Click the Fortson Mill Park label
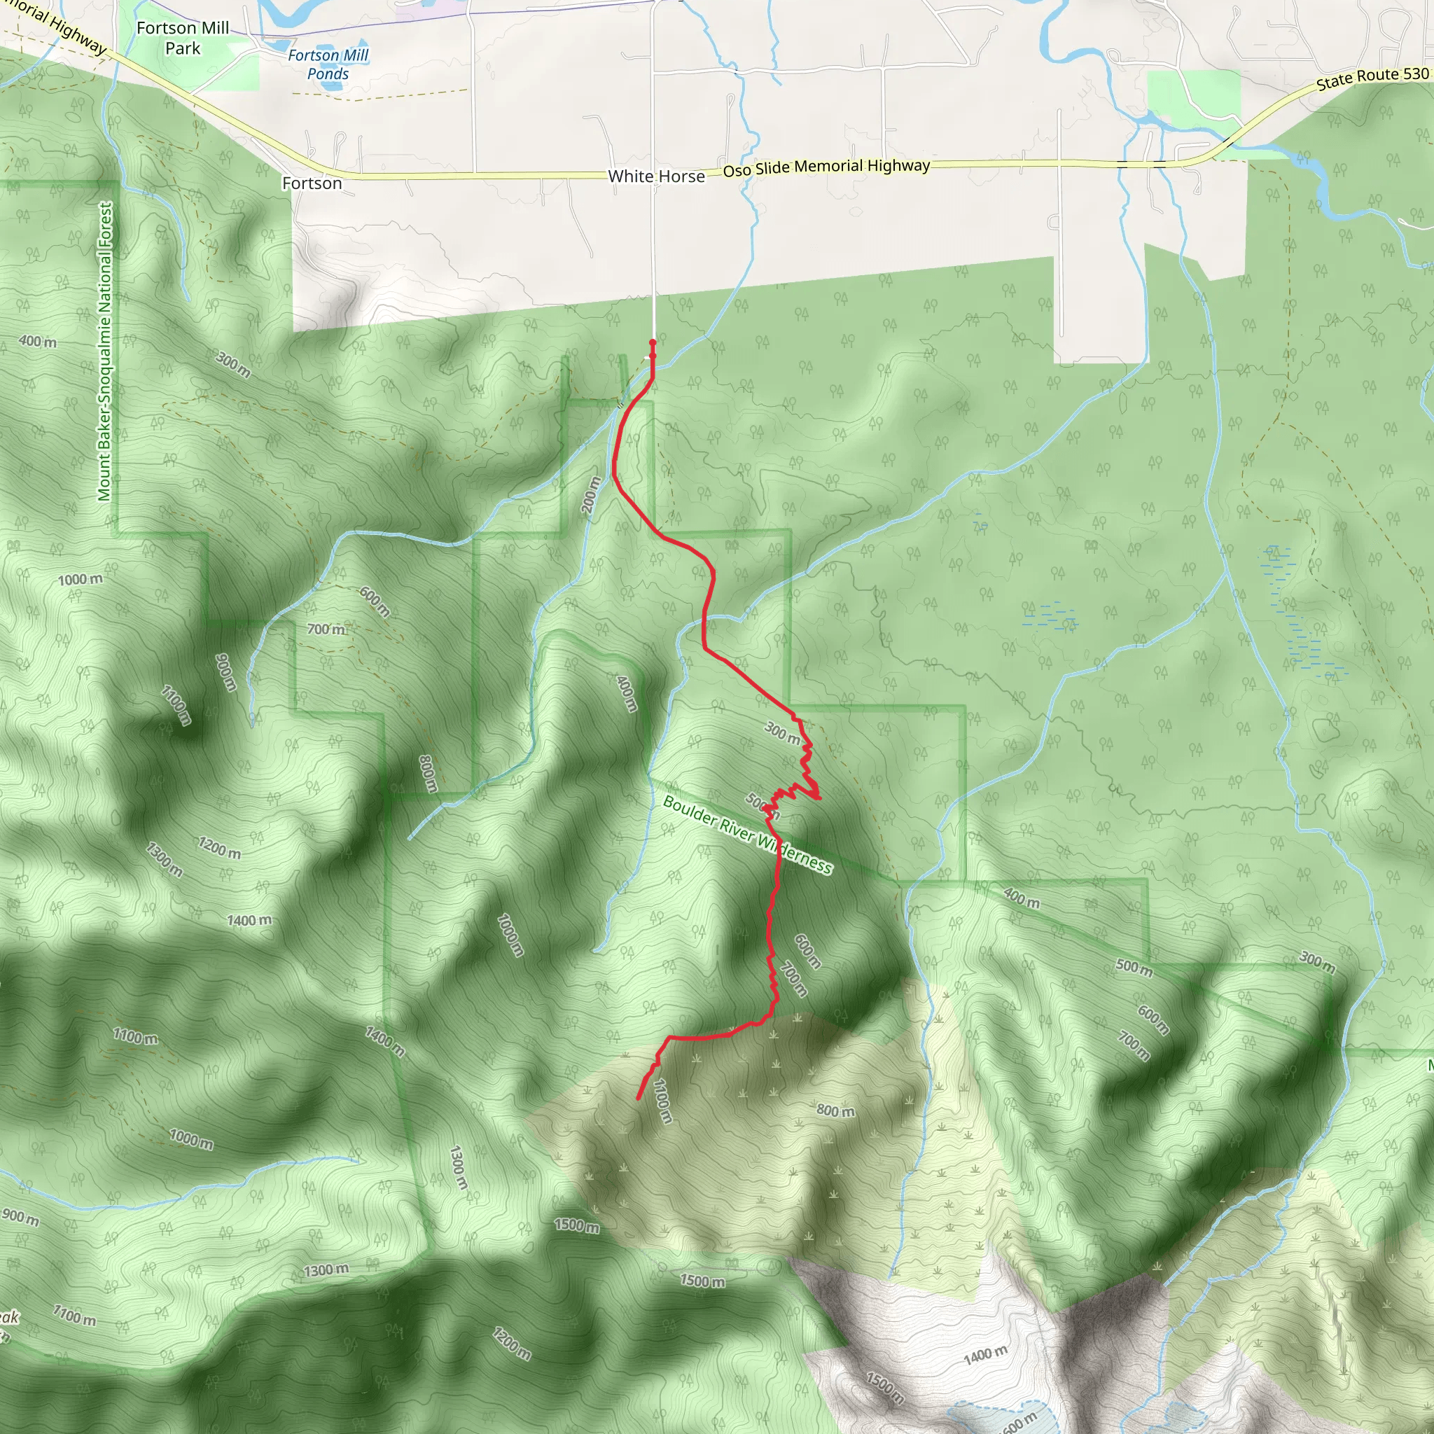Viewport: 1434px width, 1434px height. point(183,38)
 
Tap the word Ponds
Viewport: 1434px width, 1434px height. point(328,74)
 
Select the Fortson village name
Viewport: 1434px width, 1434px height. point(312,183)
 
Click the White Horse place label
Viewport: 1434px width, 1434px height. point(656,176)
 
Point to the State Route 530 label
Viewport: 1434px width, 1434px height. point(1372,78)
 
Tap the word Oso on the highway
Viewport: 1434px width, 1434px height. point(737,171)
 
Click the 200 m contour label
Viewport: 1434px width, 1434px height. point(591,495)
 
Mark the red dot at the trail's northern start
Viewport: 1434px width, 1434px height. point(653,342)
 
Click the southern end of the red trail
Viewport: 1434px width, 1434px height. point(639,1099)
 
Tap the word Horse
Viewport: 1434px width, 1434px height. point(681,176)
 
